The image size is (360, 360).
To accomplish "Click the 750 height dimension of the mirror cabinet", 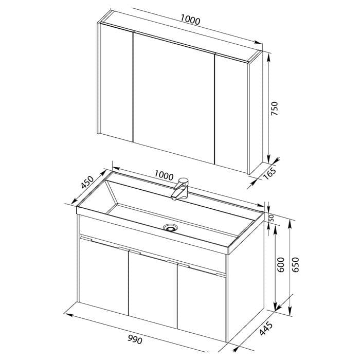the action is pyautogui.click(x=274, y=109).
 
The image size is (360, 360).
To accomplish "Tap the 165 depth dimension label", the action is pyautogui.click(x=269, y=173).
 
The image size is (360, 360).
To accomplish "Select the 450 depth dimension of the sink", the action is pyautogui.click(x=87, y=182).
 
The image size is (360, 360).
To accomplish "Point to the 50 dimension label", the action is pyautogui.click(x=272, y=218).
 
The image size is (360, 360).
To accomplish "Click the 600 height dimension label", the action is pyautogui.click(x=280, y=265).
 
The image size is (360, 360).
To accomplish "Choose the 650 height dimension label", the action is pyautogui.click(x=295, y=265).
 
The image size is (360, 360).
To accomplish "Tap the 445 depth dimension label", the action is pyautogui.click(x=266, y=329).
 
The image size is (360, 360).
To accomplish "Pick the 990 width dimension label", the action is pyautogui.click(x=135, y=339).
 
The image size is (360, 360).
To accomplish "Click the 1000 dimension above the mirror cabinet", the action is pyautogui.click(x=190, y=20).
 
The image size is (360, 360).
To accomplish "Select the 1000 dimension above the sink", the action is pyautogui.click(x=164, y=175).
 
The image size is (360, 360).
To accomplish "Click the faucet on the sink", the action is pyautogui.click(x=180, y=189).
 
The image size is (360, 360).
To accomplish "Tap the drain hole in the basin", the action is pyautogui.click(x=170, y=228).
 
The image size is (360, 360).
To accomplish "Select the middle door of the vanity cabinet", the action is pyautogui.click(x=153, y=290).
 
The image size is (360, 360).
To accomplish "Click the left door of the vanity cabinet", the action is pyautogui.click(x=104, y=276).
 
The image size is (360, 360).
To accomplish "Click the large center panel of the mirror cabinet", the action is pyautogui.click(x=174, y=98).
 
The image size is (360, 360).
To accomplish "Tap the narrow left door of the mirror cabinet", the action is pyautogui.click(x=116, y=82).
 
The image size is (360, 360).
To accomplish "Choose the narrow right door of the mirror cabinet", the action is pyautogui.click(x=231, y=114).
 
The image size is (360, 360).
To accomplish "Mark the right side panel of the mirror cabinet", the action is pyautogui.click(x=256, y=113).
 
